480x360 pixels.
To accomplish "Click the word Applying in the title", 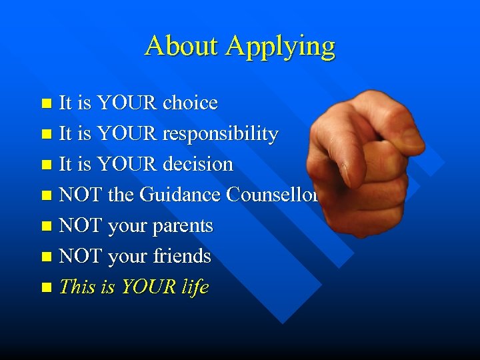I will (x=280, y=47).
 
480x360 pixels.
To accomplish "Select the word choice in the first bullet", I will (x=190, y=103).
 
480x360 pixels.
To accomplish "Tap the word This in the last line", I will (x=77, y=287).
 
